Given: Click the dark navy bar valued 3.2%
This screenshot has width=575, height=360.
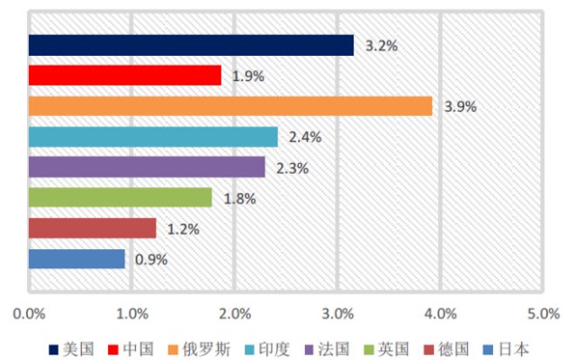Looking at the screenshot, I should coord(191,45).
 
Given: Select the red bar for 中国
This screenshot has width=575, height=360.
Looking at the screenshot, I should coord(124,76).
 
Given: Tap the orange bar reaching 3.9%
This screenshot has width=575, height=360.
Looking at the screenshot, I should coord(230,106).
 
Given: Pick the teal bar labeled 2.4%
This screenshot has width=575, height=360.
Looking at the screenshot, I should coord(153,137).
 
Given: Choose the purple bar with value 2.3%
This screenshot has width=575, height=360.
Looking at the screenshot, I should coord(147,167).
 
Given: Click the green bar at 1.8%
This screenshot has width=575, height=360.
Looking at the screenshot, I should coord(120,197).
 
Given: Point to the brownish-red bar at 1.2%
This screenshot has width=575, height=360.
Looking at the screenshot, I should coord(92,228).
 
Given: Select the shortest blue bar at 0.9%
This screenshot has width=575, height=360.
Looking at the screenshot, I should coord(76,259).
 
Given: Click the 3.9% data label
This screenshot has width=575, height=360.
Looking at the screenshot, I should coord(460,106).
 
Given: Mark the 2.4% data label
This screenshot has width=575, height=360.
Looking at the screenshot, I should coord(305,137).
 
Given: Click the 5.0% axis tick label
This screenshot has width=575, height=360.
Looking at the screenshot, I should coord(543,314).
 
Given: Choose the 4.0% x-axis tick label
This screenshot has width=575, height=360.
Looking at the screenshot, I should coord(440,314).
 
